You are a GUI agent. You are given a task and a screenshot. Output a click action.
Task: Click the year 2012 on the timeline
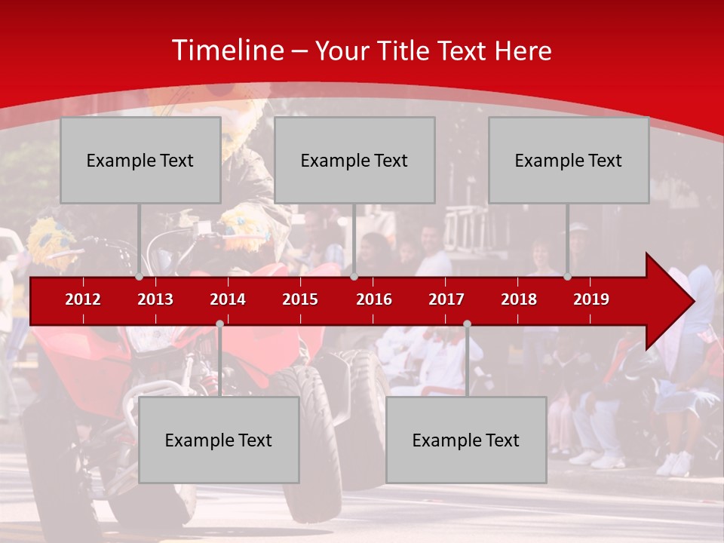coord(83,299)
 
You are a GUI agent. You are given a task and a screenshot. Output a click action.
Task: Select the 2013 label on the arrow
coord(155,299)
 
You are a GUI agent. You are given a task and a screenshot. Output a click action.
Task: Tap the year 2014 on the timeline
coord(228,299)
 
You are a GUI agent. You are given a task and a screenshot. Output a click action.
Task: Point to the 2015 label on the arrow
coord(300,299)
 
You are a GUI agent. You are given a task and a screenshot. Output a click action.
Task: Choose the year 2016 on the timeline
coord(374,299)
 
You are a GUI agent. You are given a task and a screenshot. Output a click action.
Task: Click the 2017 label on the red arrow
coord(446,299)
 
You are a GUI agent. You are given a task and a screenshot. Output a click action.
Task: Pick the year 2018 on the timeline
coord(519,299)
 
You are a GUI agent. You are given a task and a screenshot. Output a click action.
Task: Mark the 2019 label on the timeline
coord(591,299)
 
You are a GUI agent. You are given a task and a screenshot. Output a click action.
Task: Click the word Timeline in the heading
coord(226,51)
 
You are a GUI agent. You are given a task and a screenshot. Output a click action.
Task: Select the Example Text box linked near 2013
coord(140,160)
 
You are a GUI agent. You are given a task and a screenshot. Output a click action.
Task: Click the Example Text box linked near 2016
coord(354,160)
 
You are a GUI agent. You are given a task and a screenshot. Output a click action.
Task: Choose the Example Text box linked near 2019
coord(569,160)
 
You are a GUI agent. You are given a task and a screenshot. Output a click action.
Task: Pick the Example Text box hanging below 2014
coord(219,440)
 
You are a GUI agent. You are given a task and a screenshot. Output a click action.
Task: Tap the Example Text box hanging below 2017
coord(466,440)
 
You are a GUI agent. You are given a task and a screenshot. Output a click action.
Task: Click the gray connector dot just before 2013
coord(140,277)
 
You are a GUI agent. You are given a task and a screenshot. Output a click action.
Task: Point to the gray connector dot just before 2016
coord(354,277)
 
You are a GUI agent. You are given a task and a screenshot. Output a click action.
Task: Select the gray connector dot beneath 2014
coord(219,324)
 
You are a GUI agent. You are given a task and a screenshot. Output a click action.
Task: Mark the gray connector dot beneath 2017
coord(467,324)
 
